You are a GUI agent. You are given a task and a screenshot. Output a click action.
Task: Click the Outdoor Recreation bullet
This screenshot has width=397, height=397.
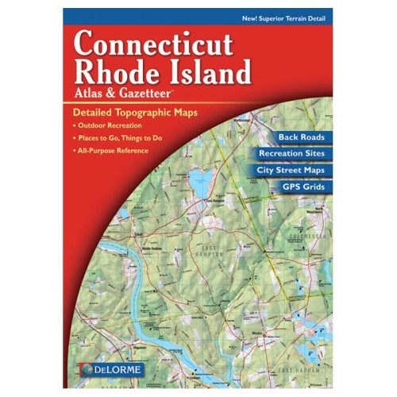coord(109,126)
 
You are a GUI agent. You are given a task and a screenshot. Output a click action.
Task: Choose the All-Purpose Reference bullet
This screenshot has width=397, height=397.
coord(113,151)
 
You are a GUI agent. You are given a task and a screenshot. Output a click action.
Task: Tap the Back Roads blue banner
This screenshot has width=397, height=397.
coord(295,137)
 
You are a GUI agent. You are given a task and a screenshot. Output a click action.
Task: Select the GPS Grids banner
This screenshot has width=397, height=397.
coord(303,187)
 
